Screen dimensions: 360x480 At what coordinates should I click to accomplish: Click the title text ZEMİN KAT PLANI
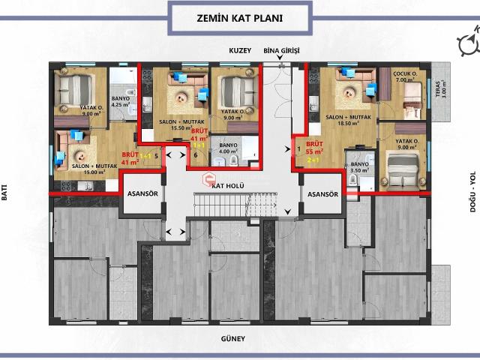tap(240, 15)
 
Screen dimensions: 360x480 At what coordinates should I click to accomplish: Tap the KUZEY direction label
tap(241, 51)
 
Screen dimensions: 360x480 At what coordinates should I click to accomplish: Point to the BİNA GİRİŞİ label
tap(280, 51)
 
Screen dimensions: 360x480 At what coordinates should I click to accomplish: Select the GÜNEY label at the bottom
tap(233, 339)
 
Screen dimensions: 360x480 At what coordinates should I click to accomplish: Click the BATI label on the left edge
tap(5, 194)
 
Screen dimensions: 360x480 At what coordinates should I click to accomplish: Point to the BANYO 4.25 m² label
tap(121, 102)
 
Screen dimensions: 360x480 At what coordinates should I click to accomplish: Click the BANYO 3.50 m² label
tap(359, 166)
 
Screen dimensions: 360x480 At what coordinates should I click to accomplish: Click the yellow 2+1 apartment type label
tap(313, 160)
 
